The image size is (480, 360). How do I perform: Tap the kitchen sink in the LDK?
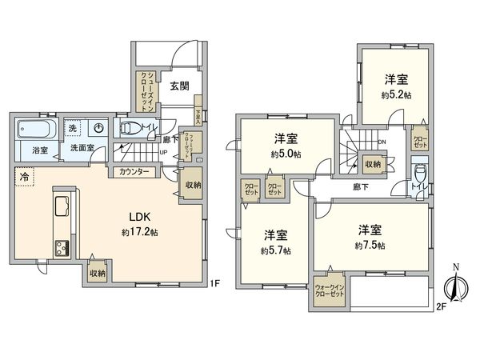62,209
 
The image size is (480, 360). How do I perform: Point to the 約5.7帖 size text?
274,250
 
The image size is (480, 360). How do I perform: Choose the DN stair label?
382,143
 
